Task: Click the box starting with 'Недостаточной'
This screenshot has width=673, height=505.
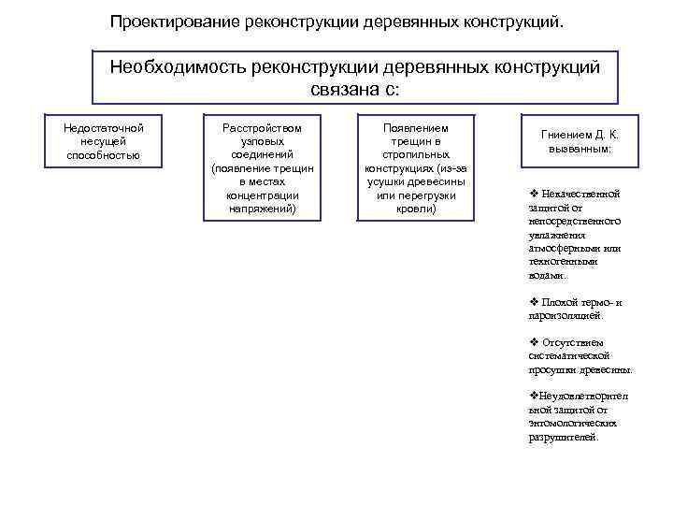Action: pos(104,139)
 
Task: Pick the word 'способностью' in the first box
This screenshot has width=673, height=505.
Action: pos(104,154)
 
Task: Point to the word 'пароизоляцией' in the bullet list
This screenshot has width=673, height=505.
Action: pos(558,316)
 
